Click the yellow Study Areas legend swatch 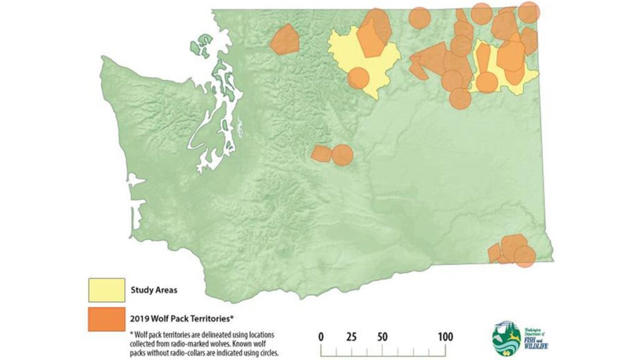click(x=106, y=289)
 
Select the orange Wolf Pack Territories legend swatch click(x=106, y=319)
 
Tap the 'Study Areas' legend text click(x=154, y=289)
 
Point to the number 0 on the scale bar click(x=321, y=337)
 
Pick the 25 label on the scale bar click(x=351, y=337)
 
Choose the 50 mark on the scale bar click(x=381, y=337)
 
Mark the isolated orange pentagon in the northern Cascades click(x=284, y=39)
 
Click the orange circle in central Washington click(x=342, y=154)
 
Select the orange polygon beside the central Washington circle click(x=322, y=153)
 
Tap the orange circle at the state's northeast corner click(x=529, y=12)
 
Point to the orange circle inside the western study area click(x=358, y=78)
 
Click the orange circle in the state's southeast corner click(x=524, y=256)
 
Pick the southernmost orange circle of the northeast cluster click(x=459, y=98)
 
